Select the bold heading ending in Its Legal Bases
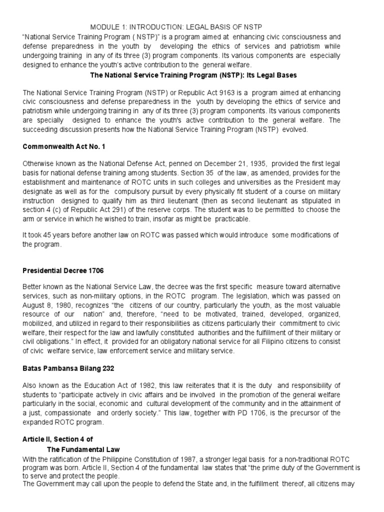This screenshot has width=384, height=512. click(193, 75)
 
